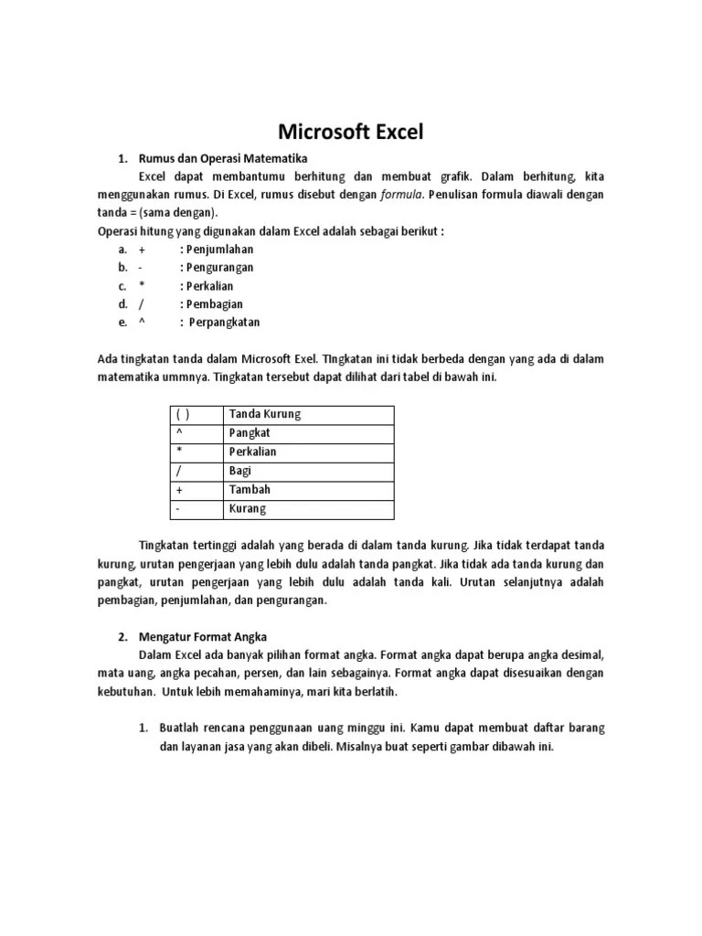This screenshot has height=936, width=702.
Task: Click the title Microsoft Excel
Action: [351, 132]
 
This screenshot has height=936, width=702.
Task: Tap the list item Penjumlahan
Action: [219, 250]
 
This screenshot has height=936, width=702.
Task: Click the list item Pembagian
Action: [216, 304]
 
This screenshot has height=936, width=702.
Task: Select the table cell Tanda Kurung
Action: [265, 414]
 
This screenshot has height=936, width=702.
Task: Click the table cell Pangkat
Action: [250, 433]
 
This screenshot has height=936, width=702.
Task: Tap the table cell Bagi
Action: [239, 471]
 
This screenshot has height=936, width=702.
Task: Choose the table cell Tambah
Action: [250, 490]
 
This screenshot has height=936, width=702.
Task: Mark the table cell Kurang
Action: [248, 509]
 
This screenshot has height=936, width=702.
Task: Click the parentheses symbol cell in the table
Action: [183, 414]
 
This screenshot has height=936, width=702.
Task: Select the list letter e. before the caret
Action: [122, 323]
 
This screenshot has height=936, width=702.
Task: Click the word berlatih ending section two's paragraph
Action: [378, 692]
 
